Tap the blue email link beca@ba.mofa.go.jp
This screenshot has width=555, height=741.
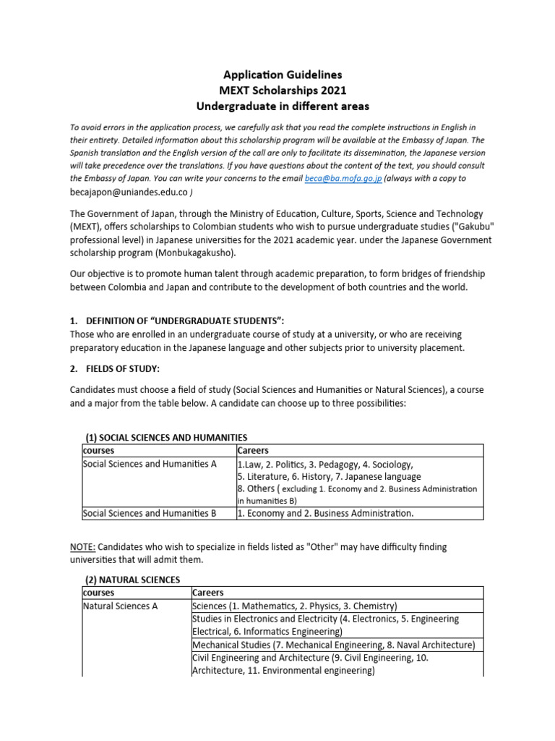[x=342, y=178]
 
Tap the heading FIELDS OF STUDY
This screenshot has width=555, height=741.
[x=119, y=368]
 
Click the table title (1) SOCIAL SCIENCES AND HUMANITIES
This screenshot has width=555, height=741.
[x=166, y=437]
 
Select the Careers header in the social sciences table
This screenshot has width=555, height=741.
[x=253, y=450]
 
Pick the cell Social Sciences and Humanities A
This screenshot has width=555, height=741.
[x=150, y=464]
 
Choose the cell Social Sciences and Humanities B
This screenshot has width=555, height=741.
[x=150, y=513]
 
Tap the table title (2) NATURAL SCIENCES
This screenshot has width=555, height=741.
[x=132, y=580]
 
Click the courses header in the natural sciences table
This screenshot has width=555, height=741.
[x=99, y=593]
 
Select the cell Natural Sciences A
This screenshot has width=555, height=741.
[x=120, y=606]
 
